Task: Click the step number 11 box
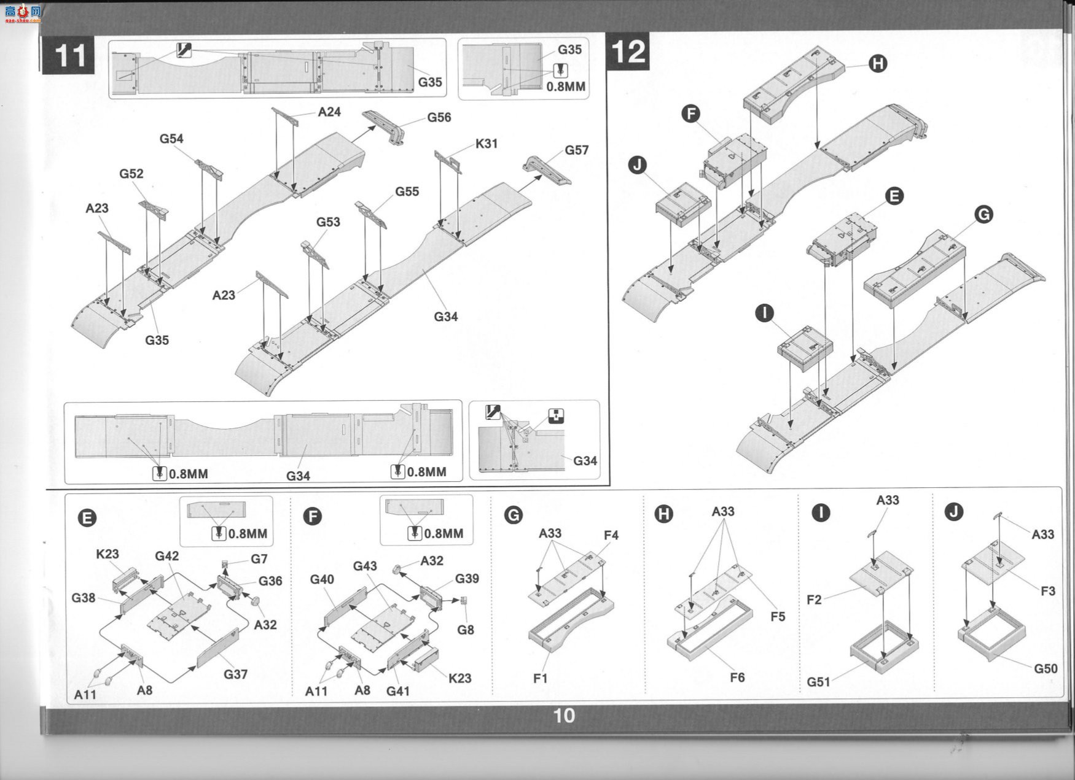69,55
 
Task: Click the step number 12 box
628,52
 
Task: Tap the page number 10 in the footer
564,716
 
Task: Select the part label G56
439,117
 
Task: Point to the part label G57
576,150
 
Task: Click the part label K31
486,144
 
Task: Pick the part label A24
329,112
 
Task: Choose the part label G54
171,139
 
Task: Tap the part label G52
131,174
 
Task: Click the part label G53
328,222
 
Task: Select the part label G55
407,191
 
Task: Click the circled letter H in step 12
878,63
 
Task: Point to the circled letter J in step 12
638,164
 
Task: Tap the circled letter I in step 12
764,313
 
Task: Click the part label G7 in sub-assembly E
259,559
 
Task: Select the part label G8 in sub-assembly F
465,630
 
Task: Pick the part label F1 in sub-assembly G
540,678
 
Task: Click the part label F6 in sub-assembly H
737,677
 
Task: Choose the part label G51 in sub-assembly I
818,682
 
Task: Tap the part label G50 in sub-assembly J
1045,668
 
